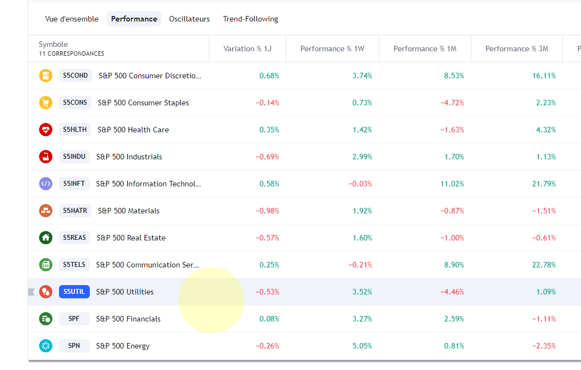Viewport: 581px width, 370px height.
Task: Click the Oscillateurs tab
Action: point(189,19)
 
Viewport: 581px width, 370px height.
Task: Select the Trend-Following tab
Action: point(250,19)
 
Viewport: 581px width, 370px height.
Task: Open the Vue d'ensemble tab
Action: point(72,19)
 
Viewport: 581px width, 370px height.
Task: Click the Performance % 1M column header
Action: point(424,49)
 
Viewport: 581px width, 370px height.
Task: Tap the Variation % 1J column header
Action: point(247,49)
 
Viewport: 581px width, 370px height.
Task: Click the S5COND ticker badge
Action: point(76,76)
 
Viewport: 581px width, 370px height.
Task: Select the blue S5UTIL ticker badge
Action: point(74,292)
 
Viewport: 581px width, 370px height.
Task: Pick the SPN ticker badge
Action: point(74,346)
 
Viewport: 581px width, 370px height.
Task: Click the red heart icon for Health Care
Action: point(46,130)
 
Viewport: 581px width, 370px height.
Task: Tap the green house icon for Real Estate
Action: point(46,238)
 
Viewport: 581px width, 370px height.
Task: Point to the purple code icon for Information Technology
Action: point(46,184)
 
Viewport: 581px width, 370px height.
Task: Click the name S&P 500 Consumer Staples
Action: point(143,103)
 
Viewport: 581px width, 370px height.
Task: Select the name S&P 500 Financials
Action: point(128,319)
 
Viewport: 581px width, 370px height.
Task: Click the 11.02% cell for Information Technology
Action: point(452,184)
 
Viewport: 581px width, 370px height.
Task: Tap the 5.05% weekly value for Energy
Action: point(362,346)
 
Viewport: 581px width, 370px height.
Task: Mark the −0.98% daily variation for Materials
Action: point(267,211)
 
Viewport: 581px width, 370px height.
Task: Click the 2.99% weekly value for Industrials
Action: point(362,157)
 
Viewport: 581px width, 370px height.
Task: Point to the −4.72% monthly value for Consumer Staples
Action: point(452,103)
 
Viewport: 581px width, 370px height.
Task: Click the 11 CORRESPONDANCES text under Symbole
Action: point(72,53)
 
